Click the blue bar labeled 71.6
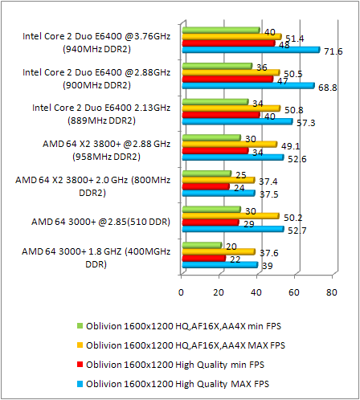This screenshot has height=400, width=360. (251, 51)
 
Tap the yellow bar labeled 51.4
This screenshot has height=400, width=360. (231, 37)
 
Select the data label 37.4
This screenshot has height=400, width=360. (270, 181)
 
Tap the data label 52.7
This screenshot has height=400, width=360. (297, 230)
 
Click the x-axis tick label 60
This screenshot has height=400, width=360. (294, 292)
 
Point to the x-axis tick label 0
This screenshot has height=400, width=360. (182, 292)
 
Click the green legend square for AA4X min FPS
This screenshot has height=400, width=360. (80, 325)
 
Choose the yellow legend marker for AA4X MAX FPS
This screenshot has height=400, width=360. (80, 345)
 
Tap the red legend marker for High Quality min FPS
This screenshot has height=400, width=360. (80, 364)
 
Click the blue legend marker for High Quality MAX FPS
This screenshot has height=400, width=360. (80, 383)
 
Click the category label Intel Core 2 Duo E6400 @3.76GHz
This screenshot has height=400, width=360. (96, 42)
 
